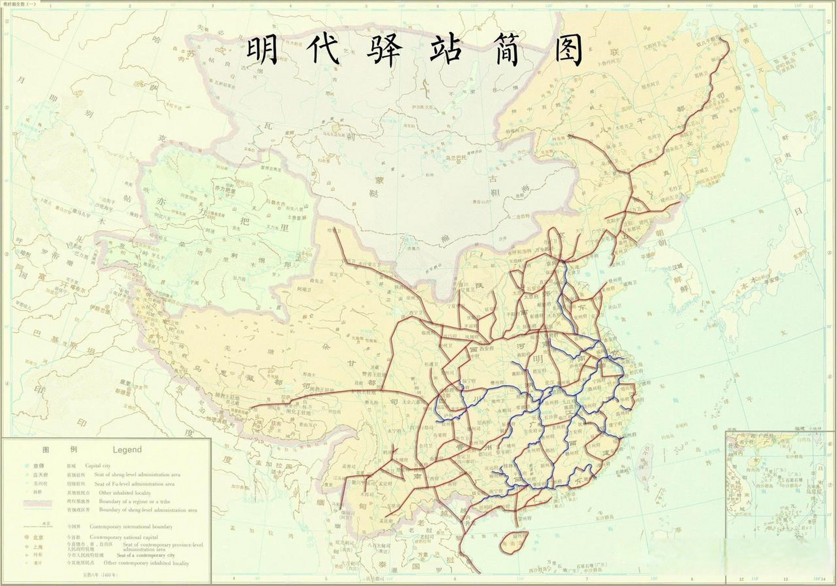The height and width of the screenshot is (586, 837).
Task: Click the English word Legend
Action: tap(127, 450)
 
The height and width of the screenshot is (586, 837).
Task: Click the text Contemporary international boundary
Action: tap(131, 526)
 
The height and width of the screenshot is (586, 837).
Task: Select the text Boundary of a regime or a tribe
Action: tap(135, 501)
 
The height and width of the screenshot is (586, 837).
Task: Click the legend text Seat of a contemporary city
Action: tap(146, 555)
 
